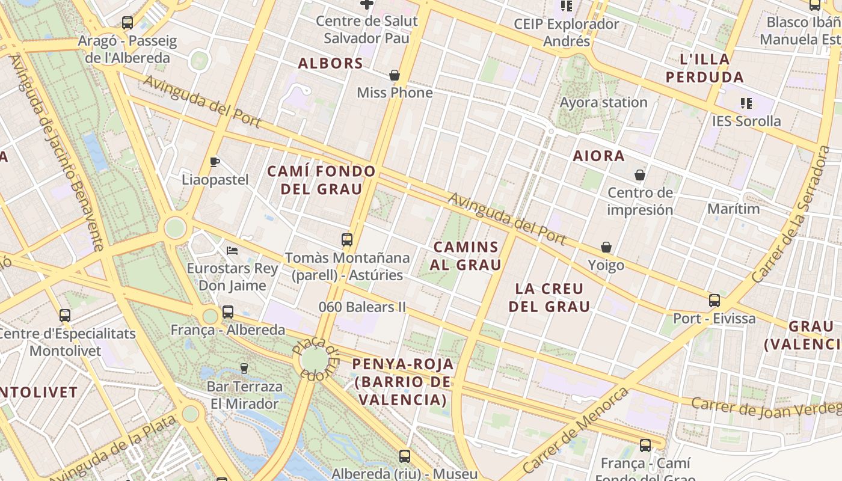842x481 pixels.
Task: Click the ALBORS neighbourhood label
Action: pos(330,63)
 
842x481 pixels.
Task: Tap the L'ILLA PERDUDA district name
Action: pos(705,68)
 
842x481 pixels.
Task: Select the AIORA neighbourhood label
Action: pos(598,156)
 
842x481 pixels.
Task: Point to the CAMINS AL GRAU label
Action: pos(466,256)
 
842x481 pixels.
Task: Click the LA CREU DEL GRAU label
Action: pos(549,298)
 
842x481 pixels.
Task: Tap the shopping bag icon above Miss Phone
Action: pos(395,75)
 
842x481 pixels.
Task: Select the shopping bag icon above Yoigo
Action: pos(606,248)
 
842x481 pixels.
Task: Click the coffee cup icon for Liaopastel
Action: pos(215,162)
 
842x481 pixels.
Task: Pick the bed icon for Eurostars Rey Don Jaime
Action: pos(232,250)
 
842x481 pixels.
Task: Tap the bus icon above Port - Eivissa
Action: pos(714,301)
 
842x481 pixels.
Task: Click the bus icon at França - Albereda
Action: pos(228,312)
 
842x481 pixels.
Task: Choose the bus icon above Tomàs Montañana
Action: pos(347,240)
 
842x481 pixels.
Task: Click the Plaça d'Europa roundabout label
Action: pos(316,358)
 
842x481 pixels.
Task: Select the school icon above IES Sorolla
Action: pos(746,103)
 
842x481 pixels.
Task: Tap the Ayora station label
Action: pos(603,102)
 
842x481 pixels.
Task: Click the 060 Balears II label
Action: pos(362,307)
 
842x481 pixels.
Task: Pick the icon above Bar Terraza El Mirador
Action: pos(244,368)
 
